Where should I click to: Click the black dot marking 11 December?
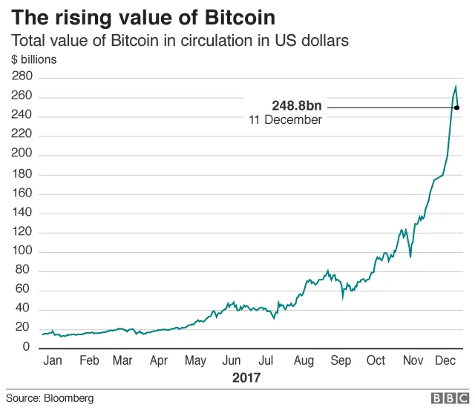tap(457, 108)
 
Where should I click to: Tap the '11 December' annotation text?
tap(286, 120)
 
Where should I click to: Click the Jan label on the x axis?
tap(53, 361)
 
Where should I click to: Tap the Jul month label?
tap(267, 361)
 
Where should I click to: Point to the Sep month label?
tap(341, 361)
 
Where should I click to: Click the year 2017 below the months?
tap(246, 378)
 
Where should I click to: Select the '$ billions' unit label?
tap(33, 59)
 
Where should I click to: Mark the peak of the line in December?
tap(455, 86)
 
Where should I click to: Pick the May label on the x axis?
tap(195, 361)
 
